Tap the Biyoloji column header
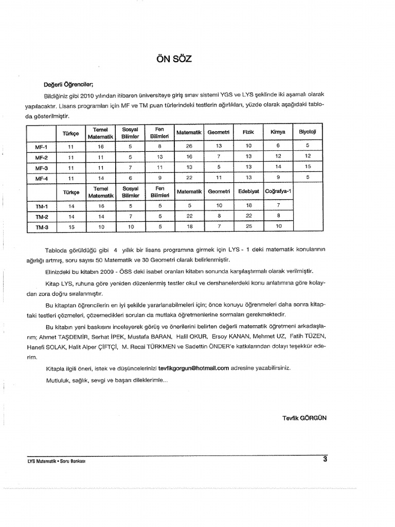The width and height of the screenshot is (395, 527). point(308,132)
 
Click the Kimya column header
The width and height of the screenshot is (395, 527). point(278,132)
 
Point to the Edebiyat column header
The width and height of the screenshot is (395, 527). point(249,191)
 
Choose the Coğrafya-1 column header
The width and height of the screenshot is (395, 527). point(278,191)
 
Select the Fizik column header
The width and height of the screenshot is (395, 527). point(249,132)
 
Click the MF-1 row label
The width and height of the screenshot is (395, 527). point(41,147)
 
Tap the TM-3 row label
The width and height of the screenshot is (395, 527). point(41,226)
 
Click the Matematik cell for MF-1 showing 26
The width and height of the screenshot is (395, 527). point(189,147)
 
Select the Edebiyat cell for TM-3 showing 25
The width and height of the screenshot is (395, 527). point(249,226)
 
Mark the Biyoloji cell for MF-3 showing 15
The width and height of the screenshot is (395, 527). point(308,167)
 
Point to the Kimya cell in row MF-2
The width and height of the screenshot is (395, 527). point(278,157)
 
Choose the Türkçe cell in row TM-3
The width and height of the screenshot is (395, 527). point(71,226)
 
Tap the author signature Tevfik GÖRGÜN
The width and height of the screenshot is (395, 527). point(304,417)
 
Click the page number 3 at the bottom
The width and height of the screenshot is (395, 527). point(325,460)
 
